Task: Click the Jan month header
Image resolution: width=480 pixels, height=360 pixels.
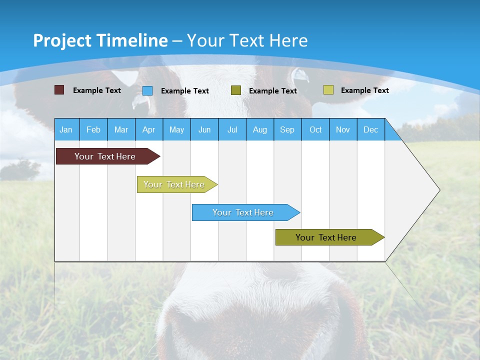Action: coord(66,129)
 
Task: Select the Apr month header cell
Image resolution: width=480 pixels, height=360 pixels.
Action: coord(148,129)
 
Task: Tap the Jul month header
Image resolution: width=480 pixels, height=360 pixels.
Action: coord(232,129)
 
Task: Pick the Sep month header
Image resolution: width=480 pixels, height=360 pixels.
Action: coord(287,129)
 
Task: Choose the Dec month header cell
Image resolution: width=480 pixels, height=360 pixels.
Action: coord(370,129)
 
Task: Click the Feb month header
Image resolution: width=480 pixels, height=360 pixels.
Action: coord(93,129)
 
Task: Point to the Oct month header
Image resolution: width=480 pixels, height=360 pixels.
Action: coord(315,129)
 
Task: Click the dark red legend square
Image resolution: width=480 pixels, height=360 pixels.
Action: coord(59,90)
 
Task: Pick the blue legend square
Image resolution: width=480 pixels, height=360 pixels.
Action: coord(147,90)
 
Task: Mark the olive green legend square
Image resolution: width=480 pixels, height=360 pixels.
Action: coord(236,90)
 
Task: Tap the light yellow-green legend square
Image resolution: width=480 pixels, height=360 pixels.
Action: coord(328,90)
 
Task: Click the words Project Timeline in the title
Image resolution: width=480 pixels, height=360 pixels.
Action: coord(100,40)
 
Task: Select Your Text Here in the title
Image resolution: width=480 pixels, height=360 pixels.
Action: coord(247,40)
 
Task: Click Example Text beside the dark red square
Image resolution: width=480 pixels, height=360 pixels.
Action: coord(97,90)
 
